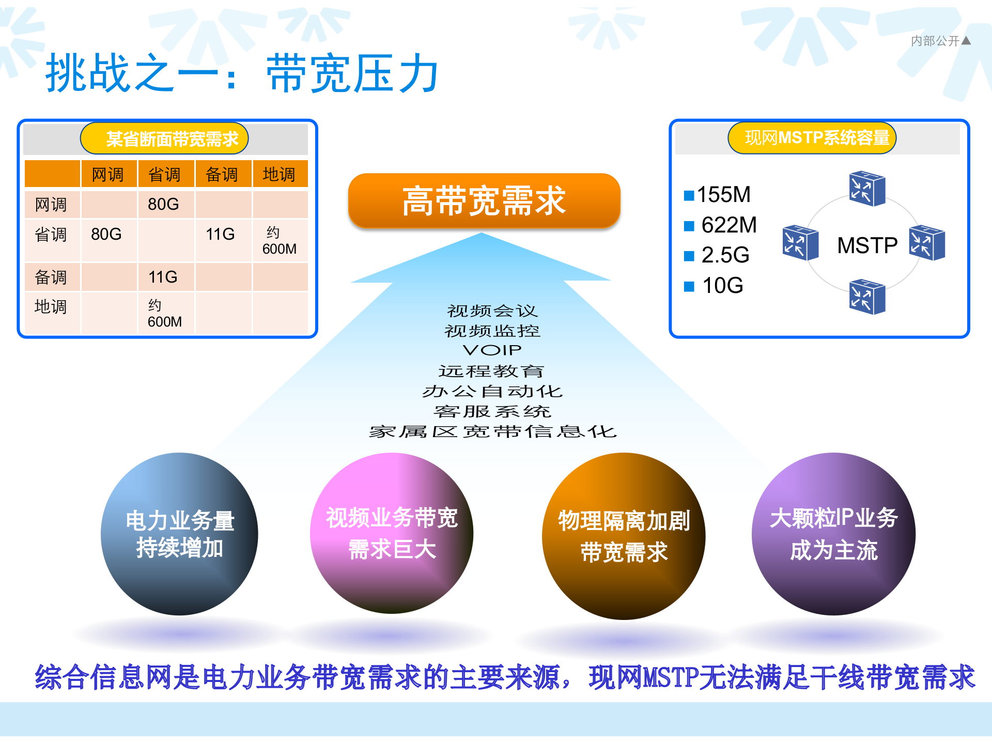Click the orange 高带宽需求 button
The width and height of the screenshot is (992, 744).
484,201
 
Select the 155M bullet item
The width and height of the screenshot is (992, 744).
723,195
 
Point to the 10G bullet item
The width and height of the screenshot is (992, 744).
722,286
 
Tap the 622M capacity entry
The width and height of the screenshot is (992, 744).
728,225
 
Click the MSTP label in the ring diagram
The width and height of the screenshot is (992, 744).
867,245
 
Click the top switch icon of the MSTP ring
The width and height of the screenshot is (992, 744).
867,189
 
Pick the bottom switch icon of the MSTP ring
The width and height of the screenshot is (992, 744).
867,297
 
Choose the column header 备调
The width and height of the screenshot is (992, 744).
222,175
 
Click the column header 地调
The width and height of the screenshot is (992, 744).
279,175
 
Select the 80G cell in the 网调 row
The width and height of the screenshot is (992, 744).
164,205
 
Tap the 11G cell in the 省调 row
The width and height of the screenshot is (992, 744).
221,235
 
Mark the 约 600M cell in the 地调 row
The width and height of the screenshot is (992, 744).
165,313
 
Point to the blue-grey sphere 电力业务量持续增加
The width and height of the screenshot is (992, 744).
179,534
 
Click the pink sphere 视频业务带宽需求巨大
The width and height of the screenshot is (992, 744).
392,534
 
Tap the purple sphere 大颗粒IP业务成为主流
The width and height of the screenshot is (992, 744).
833,534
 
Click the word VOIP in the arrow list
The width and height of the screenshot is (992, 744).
492,350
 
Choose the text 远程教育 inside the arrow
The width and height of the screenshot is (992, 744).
491,371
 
